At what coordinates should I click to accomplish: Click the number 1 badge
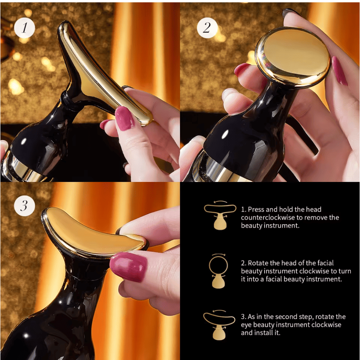tap(24, 28)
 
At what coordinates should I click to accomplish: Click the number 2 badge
tap(207, 28)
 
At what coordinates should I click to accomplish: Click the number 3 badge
tap(24, 206)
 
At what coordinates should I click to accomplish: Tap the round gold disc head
tap(293, 57)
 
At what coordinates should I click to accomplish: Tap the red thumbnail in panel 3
tap(128, 267)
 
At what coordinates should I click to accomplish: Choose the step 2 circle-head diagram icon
tap(218, 271)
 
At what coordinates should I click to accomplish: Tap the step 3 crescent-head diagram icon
tap(219, 325)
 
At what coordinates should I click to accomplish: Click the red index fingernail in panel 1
tap(125, 118)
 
